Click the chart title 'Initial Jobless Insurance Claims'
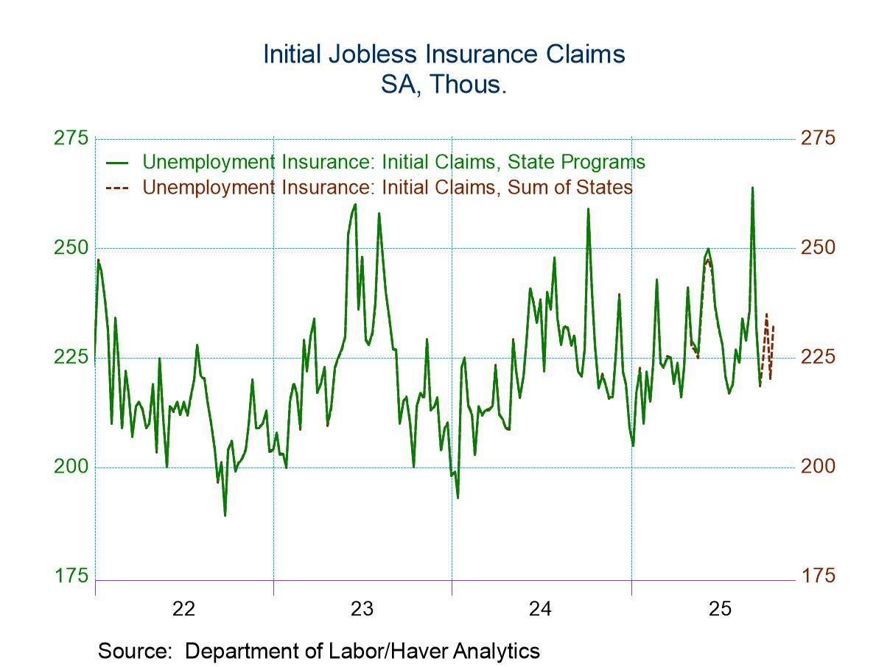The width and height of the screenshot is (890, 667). (444, 54)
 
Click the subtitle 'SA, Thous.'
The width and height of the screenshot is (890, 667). (444, 85)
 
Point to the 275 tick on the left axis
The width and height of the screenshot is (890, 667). (71, 138)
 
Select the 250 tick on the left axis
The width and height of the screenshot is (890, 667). (71, 247)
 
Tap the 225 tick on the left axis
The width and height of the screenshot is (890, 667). (71, 357)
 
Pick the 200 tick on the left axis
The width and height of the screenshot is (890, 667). (71, 466)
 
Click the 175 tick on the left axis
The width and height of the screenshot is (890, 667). (71, 575)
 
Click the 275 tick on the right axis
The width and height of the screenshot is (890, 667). (819, 138)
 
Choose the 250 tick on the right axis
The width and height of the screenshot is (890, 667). (819, 247)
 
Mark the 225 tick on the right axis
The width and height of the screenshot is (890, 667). (819, 357)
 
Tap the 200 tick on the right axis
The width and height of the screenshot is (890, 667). (819, 466)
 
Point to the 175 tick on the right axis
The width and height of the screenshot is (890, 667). (819, 575)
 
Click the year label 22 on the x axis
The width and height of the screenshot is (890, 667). (183, 609)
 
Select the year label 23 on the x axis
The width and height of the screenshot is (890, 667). (362, 609)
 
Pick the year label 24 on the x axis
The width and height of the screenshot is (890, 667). (541, 609)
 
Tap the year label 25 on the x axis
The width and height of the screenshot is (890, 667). (720, 609)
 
